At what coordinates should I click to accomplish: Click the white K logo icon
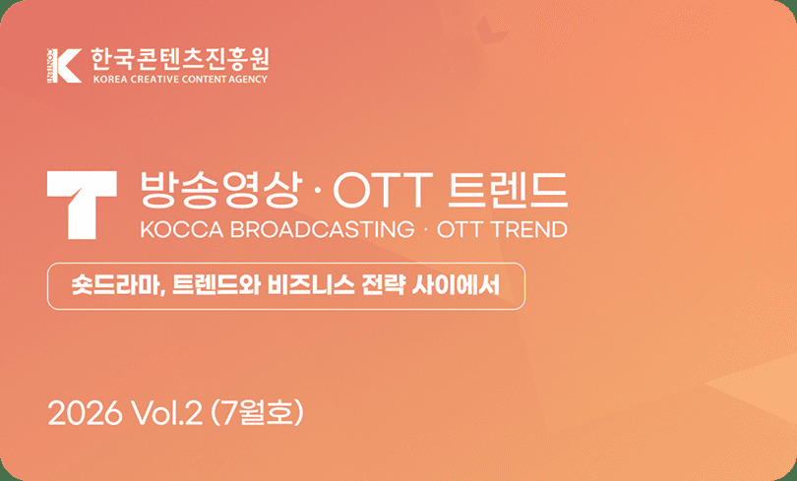(64, 66)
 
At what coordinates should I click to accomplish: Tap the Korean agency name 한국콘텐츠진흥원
(179, 60)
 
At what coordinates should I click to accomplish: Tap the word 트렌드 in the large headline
(509, 190)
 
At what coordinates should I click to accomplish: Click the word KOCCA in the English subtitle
(181, 229)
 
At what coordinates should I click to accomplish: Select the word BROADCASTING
(323, 229)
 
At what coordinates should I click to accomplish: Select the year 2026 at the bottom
(85, 413)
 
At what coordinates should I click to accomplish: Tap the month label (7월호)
(257, 413)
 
